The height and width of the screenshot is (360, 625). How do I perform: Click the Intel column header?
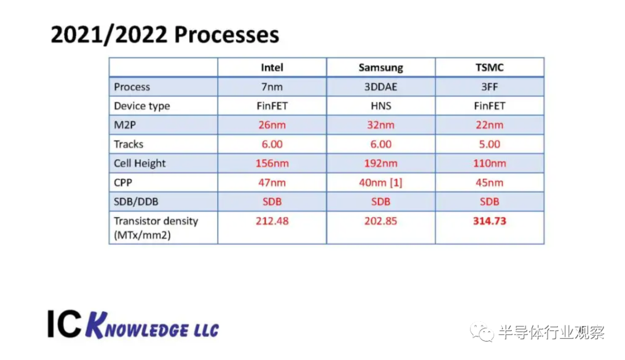[272, 67]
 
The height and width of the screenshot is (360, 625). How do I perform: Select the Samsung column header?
[381, 67]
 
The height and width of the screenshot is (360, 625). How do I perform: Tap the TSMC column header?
[490, 67]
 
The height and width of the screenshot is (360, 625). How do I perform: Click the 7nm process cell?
[272, 86]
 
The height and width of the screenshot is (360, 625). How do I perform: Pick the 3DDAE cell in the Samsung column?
[381, 86]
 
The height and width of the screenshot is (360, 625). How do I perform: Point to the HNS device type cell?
[381, 106]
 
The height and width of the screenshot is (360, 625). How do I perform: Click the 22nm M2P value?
[490, 125]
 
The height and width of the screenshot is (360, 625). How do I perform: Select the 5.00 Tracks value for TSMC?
[490, 144]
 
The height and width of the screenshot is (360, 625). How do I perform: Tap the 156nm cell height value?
[272, 163]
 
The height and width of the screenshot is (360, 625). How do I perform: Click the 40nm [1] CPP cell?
[381, 182]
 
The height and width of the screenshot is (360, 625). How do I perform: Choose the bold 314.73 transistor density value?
[490, 221]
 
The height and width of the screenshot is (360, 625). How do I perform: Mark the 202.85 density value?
[381, 221]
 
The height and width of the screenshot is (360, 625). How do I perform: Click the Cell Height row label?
[139, 163]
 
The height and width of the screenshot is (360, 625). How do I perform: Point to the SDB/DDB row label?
[136, 202]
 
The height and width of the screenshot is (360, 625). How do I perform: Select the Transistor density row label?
[156, 227]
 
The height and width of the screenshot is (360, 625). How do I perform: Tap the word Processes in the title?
[227, 35]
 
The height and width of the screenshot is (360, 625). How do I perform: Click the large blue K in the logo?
[97, 325]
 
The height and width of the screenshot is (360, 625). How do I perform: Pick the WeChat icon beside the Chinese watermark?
[482, 332]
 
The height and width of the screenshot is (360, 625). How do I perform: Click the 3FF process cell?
[490, 86]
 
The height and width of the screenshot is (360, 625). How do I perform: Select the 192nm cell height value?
[381, 163]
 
